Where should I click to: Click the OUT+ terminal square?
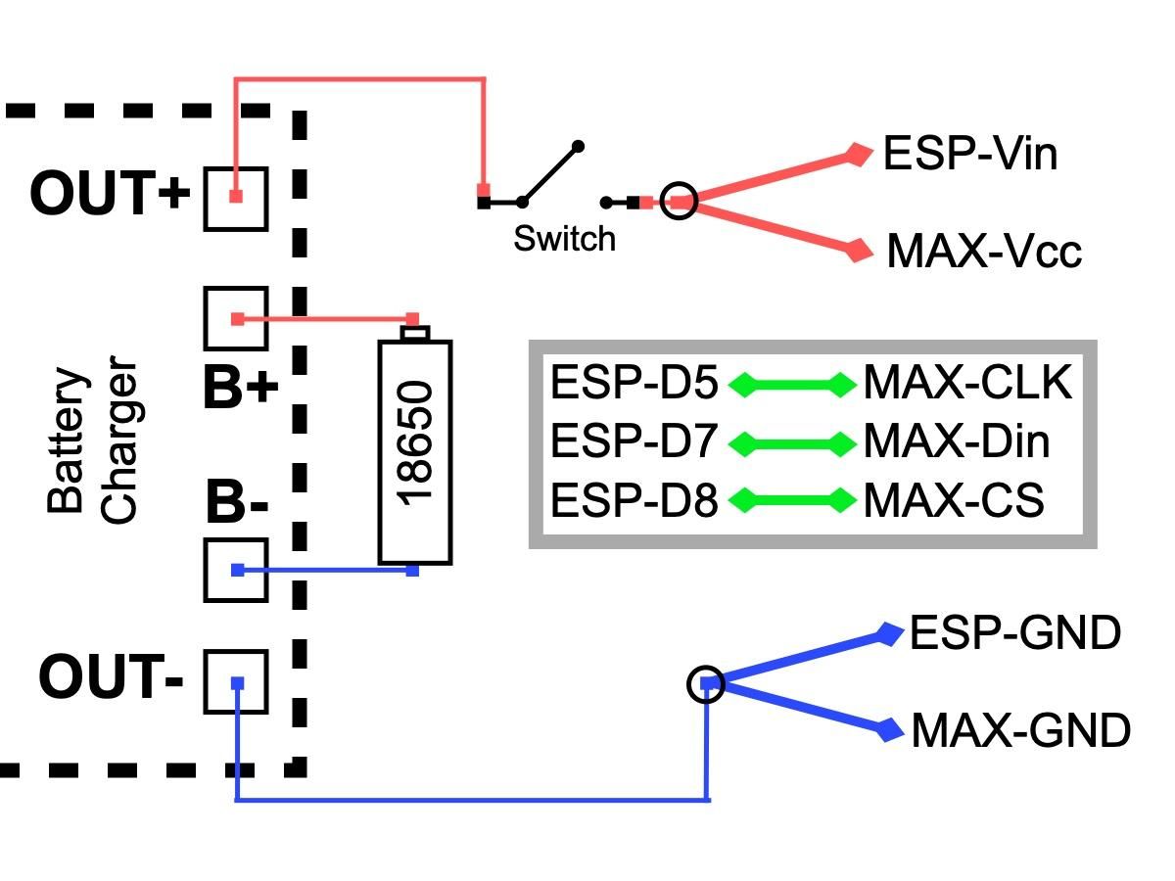tap(236, 198)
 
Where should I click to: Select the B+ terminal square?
tap(236, 318)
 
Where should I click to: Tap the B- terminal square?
tap(236, 570)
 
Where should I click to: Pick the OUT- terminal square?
tap(236, 681)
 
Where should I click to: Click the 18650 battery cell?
tap(415, 450)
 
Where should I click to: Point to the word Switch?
tap(565, 238)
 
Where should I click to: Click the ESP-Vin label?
tap(969, 155)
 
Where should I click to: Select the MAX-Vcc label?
tap(983, 252)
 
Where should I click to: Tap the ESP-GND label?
tap(1014, 633)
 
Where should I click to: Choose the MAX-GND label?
tap(1020, 730)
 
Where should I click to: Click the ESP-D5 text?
tap(634, 384)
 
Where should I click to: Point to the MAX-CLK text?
tap(967, 384)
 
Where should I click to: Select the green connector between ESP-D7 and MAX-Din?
tap(791, 443)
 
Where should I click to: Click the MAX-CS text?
tap(953, 501)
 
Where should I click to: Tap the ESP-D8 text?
tap(634, 501)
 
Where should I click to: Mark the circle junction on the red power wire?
tap(679, 202)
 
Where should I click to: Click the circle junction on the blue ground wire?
tap(706, 683)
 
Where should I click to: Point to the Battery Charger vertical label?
tap(93, 445)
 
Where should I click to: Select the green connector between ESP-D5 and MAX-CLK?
tap(791, 386)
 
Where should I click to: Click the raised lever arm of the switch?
tap(551, 173)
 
